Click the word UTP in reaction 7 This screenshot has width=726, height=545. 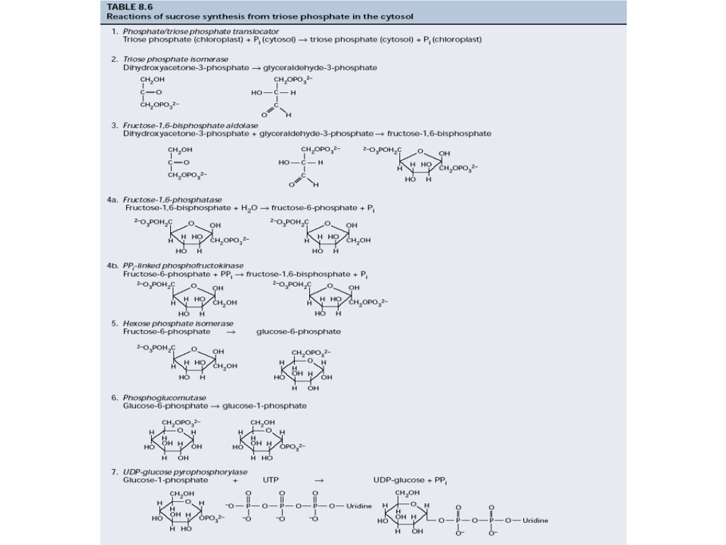point(271,480)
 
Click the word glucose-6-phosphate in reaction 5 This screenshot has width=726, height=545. point(298,331)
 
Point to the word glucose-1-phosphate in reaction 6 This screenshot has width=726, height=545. point(264,406)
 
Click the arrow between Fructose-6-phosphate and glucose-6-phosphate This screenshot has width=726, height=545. point(230,331)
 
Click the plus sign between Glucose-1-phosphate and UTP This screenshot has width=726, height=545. point(235,480)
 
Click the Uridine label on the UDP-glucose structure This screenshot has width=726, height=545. point(535,520)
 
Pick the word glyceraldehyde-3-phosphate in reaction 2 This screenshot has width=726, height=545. point(320,67)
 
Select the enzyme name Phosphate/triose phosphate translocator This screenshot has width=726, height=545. point(201,31)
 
